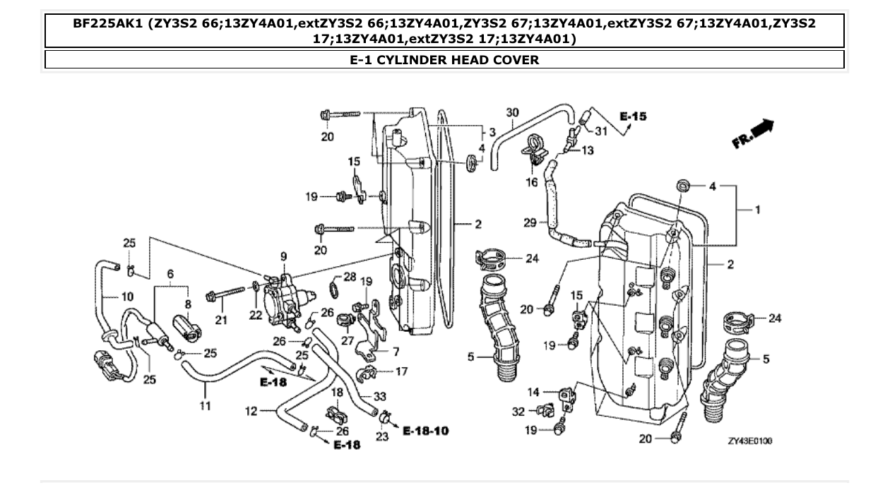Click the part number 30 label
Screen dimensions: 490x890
pos(513,112)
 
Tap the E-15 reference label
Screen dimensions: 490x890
pos(633,116)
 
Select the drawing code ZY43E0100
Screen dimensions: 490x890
pos(750,441)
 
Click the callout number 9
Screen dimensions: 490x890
pos(283,256)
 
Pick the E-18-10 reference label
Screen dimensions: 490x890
pos(426,430)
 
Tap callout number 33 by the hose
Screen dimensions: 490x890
pos(379,397)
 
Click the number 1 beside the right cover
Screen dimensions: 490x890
pos(757,210)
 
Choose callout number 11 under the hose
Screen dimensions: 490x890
pos(205,406)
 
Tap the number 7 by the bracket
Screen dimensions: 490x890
pos(396,351)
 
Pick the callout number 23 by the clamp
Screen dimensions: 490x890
pos(381,437)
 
